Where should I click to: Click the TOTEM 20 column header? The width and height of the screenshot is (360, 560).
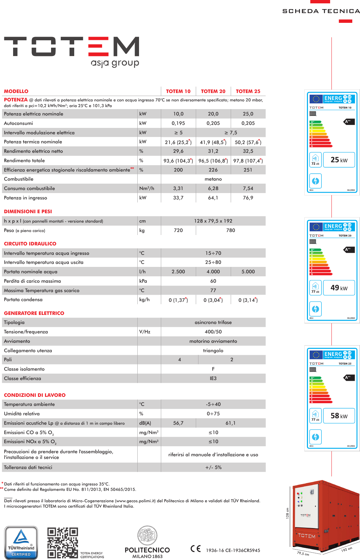point(213,91)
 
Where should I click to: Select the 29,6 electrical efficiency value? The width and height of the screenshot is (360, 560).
point(178,151)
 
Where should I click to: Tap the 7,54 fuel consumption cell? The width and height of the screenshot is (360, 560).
point(248,189)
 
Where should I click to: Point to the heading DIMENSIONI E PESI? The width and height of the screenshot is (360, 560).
point(28,212)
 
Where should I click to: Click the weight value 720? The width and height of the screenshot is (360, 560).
point(178,230)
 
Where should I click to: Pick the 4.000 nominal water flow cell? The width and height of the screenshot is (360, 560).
point(213,272)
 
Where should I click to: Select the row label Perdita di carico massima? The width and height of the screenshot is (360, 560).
point(32,281)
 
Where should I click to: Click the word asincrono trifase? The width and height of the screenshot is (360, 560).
point(213,322)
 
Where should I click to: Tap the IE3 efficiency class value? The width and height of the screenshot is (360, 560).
point(213,378)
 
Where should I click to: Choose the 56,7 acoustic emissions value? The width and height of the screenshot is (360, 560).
point(178,423)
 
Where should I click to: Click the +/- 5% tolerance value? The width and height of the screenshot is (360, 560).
point(213,467)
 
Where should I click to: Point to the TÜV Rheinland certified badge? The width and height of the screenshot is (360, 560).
point(21,543)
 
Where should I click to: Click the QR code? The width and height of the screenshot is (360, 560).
point(62,543)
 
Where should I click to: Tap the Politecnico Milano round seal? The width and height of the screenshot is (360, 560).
point(147,536)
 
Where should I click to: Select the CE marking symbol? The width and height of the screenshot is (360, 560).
point(195,549)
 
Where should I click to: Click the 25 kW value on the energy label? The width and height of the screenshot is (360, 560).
point(339,160)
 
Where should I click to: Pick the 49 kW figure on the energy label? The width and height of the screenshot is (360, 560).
point(339,288)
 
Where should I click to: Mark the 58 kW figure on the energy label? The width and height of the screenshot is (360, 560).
point(339,416)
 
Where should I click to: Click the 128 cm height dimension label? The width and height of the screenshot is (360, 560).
point(287,513)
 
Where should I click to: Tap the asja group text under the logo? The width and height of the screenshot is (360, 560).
point(115,63)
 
